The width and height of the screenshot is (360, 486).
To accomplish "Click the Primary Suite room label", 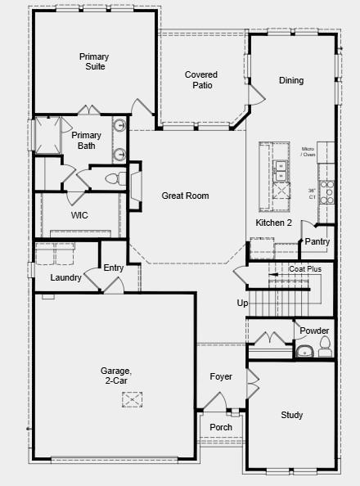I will [x=93, y=61].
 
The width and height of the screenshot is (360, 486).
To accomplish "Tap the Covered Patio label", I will [x=200, y=79].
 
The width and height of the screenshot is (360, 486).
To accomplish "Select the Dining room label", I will [x=291, y=80].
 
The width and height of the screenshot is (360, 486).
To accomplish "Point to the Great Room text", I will [x=185, y=196].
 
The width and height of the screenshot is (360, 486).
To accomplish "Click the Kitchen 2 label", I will [x=273, y=223].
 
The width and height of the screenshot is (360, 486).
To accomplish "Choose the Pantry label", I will [x=317, y=241].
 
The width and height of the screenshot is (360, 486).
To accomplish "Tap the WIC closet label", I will [x=79, y=215].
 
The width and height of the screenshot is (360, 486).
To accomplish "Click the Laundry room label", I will [x=65, y=277].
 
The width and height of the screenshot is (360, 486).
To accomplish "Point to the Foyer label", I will [x=221, y=376].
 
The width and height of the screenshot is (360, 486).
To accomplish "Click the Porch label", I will [x=221, y=427].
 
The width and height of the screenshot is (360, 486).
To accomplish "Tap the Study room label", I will [x=292, y=415].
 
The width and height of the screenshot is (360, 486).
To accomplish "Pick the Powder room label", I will [x=314, y=331].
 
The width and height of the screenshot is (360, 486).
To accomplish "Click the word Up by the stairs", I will [x=242, y=304].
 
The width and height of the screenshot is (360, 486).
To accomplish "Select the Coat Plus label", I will [x=304, y=268].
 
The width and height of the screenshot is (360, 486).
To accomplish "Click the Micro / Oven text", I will [x=308, y=151].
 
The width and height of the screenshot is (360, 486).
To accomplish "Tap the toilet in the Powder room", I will [x=325, y=343].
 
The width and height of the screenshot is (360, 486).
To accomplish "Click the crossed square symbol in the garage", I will [x=133, y=399].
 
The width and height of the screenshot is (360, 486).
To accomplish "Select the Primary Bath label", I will [x=86, y=140].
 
